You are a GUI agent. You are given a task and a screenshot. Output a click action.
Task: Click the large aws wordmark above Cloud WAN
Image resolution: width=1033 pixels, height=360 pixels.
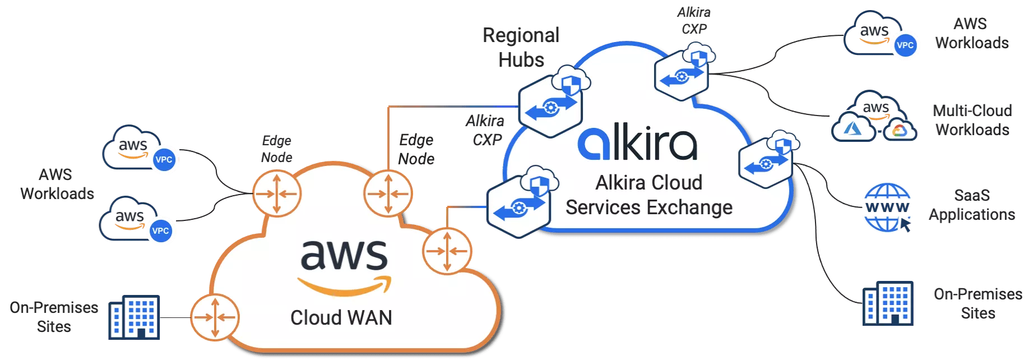pyautogui.click(x=344, y=255)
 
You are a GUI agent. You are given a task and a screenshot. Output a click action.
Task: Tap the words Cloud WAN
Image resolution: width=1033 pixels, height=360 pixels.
pyautogui.click(x=341, y=318)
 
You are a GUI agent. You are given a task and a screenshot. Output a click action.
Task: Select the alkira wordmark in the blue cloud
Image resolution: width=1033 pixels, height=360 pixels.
pyautogui.click(x=637, y=144)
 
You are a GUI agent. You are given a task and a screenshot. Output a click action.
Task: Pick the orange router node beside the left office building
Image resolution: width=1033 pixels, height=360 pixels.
pyautogui.click(x=214, y=317)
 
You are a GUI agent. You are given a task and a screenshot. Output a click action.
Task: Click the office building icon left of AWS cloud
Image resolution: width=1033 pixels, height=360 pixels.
pyautogui.click(x=135, y=316)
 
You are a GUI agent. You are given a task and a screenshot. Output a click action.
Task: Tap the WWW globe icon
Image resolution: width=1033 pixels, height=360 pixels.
pyautogui.click(x=887, y=207)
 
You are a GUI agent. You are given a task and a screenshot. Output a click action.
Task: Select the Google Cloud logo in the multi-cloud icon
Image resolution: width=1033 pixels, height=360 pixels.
pyautogui.click(x=900, y=130)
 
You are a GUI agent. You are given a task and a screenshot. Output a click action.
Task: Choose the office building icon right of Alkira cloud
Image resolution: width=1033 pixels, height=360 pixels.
pyautogui.click(x=888, y=303)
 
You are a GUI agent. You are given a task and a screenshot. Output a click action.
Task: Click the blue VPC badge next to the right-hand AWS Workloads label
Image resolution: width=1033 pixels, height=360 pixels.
pyautogui.click(x=905, y=45)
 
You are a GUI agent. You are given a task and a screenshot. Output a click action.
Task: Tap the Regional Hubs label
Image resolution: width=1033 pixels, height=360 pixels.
pyautogui.click(x=521, y=47)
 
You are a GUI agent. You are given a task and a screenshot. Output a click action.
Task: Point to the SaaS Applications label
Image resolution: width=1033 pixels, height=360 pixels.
pyautogui.click(x=972, y=205)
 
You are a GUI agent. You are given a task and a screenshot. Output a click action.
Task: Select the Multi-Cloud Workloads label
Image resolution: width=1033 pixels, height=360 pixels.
pyautogui.click(x=972, y=120)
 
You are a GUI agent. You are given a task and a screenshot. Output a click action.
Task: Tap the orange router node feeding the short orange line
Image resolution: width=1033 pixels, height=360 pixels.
pyautogui.click(x=447, y=250)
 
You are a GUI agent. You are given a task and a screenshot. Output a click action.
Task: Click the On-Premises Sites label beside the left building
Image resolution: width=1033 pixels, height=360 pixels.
pyautogui.click(x=54, y=317)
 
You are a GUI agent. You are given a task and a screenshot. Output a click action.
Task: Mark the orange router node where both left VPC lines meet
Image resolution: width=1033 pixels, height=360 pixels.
pyautogui.click(x=276, y=193)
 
